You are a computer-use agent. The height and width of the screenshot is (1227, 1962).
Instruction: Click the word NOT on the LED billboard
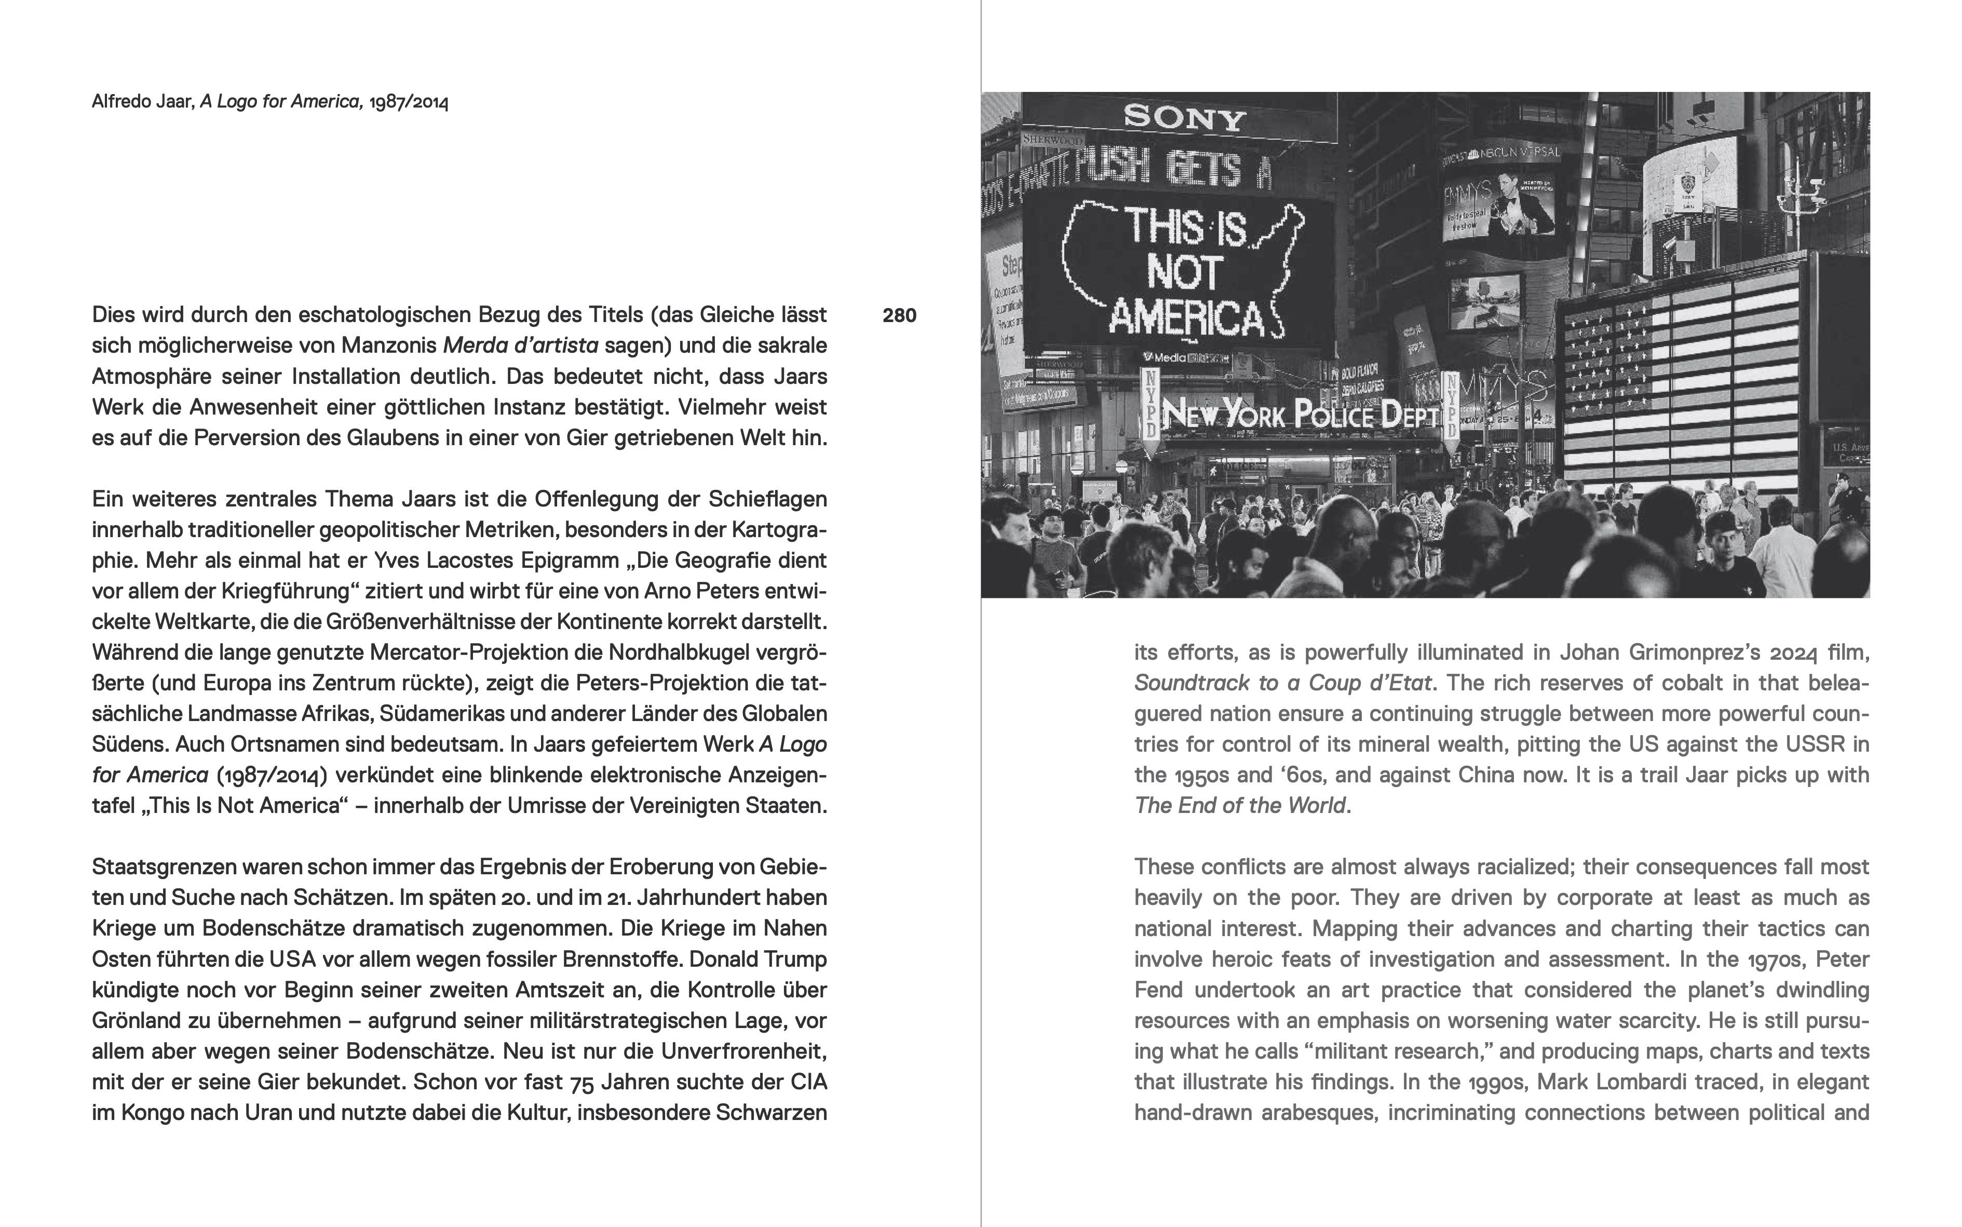point(1184,273)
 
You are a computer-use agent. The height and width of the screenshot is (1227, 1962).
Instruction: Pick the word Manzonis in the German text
point(388,345)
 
